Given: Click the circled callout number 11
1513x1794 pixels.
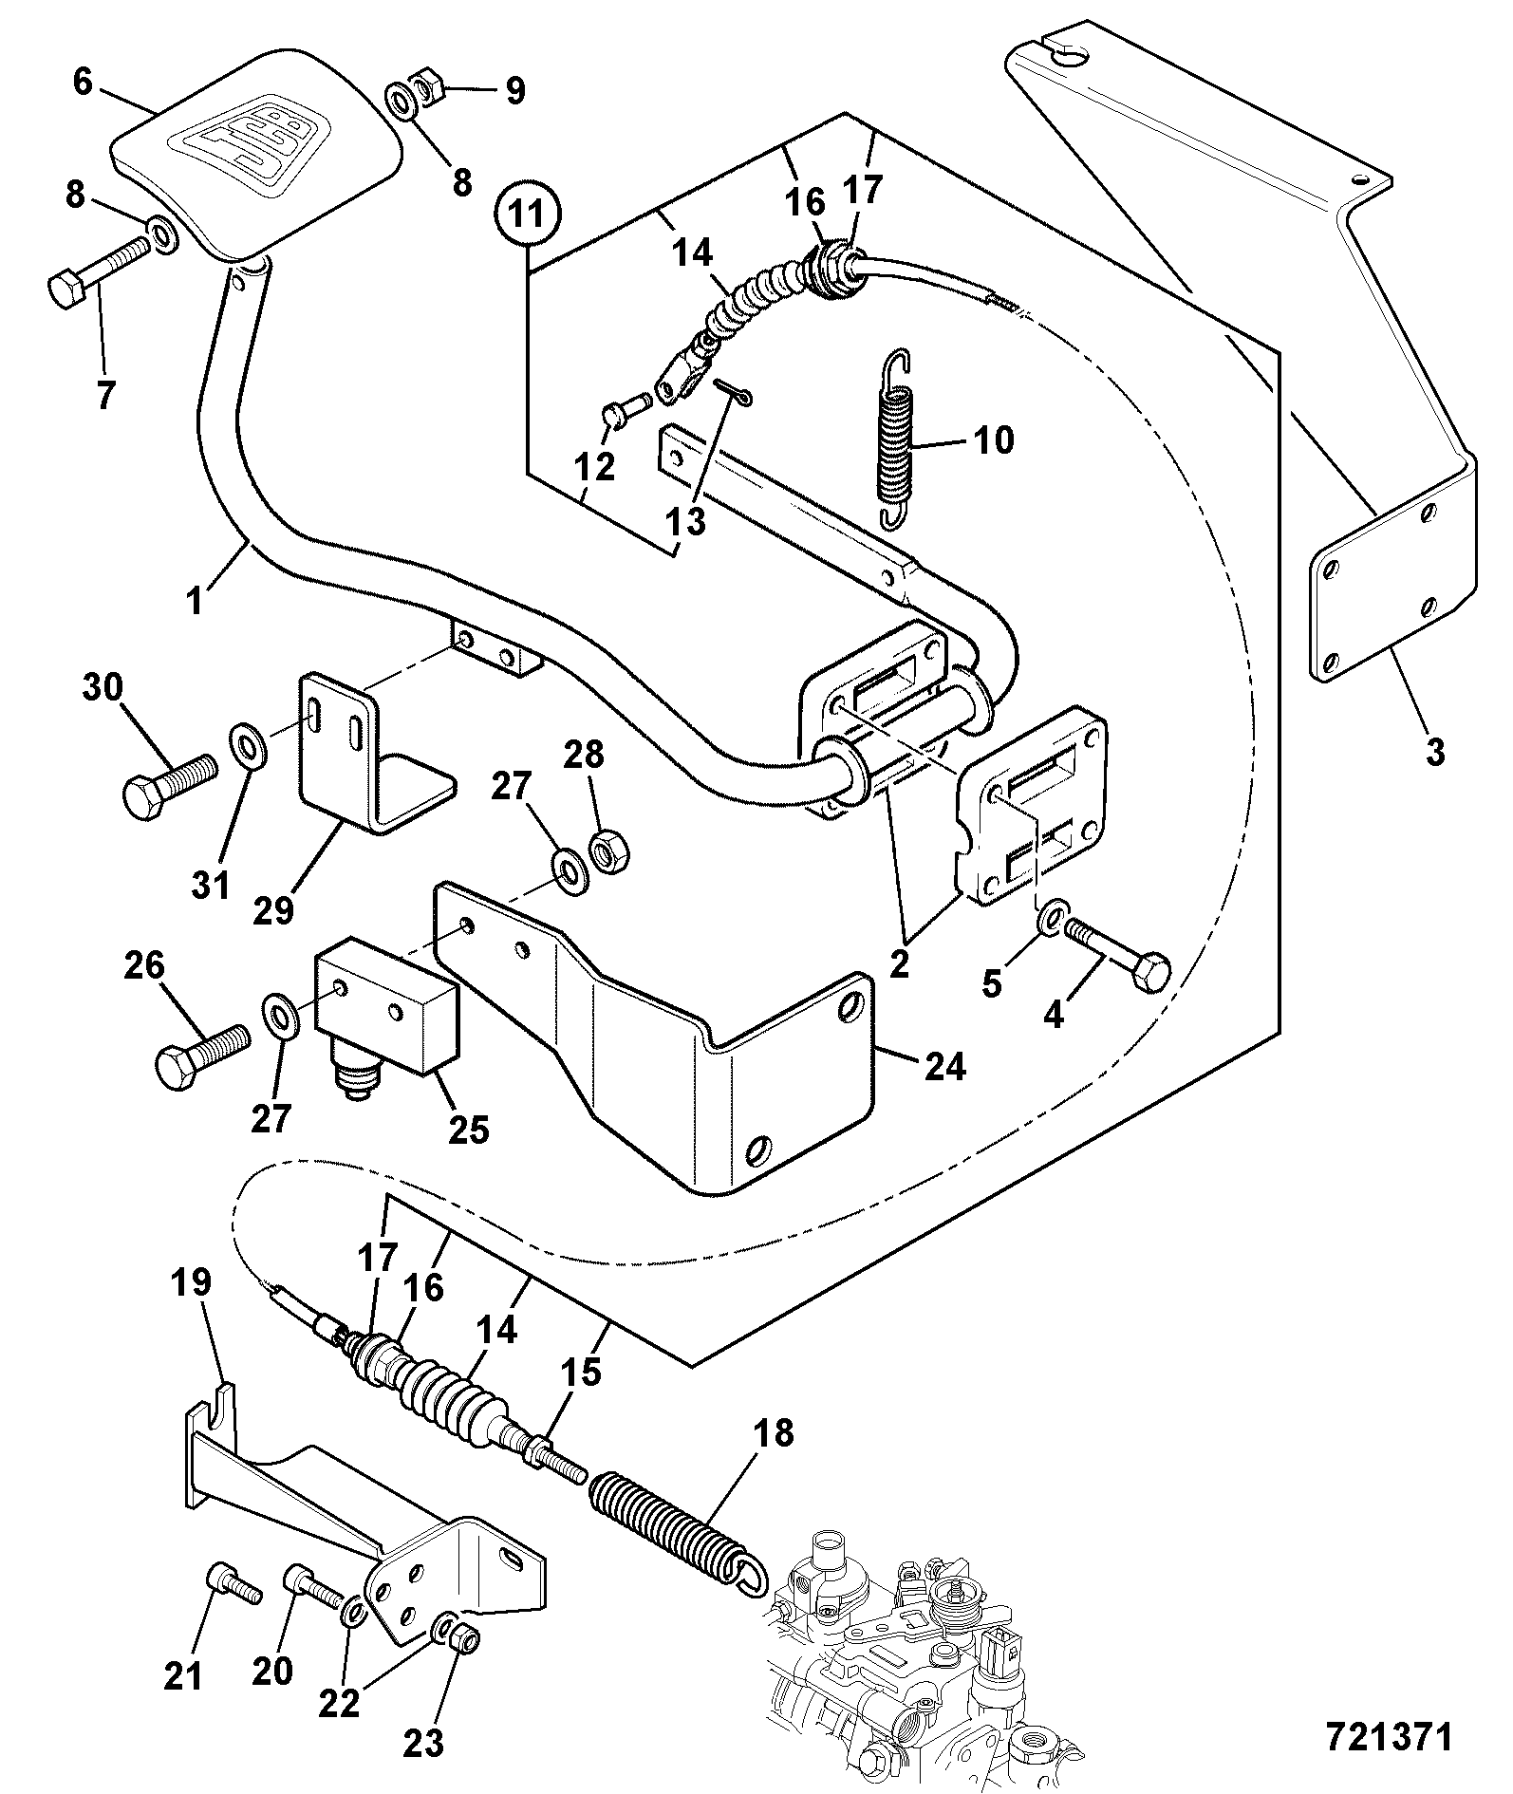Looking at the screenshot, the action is pyautogui.click(x=527, y=215).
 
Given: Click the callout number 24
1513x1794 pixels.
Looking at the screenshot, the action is pyautogui.click(x=943, y=1066).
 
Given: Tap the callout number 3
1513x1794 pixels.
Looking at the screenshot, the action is pyautogui.click(x=1434, y=752).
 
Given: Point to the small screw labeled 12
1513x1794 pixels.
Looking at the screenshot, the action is pyautogui.click(x=626, y=410).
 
